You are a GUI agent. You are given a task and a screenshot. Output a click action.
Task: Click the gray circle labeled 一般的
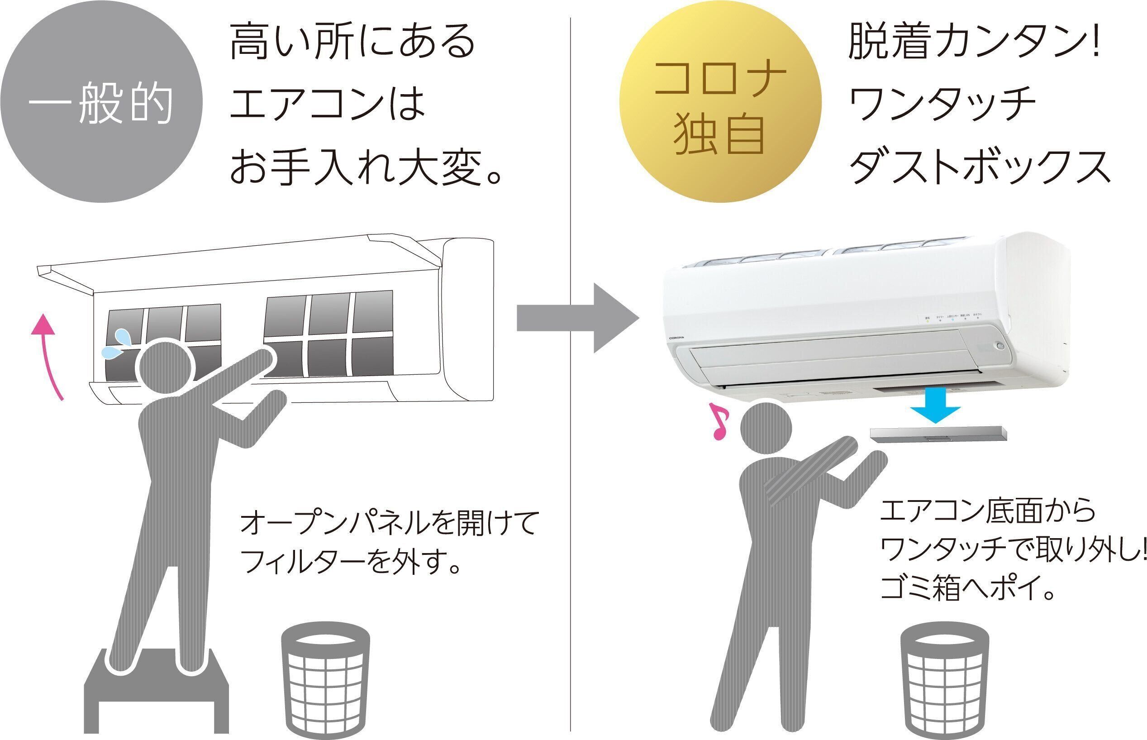pyautogui.click(x=101, y=102)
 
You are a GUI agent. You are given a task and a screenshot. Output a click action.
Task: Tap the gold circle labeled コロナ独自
pyautogui.click(x=719, y=102)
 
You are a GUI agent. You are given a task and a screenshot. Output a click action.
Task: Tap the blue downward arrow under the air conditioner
pyautogui.click(x=935, y=406)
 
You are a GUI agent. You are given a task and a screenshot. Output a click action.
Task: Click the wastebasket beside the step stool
pyautogui.click(x=325, y=679)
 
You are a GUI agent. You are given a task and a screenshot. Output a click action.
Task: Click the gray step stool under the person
pyautogui.click(x=156, y=692)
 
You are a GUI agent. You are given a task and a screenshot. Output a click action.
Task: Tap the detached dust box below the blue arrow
pyautogui.click(x=938, y=434)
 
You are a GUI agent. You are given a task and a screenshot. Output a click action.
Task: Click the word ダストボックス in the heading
pyautogui.click(x=980, y=167)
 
